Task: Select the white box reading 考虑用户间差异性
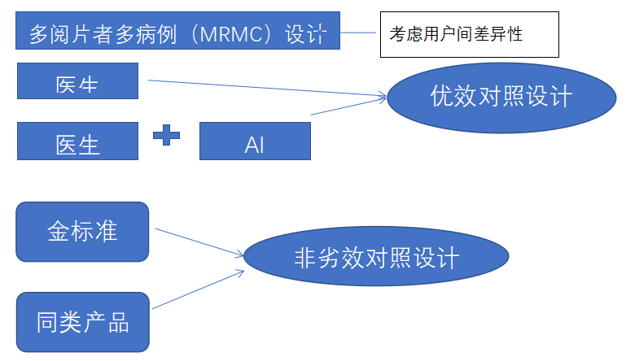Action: tap(469, 34)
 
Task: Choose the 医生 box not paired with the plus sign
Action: tap(77, 85)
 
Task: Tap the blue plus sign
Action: tap(167, 134)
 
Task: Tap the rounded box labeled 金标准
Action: tap(82, 232)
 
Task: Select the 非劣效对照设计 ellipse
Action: tap(376, 259)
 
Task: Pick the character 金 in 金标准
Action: tap(59, 232)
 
